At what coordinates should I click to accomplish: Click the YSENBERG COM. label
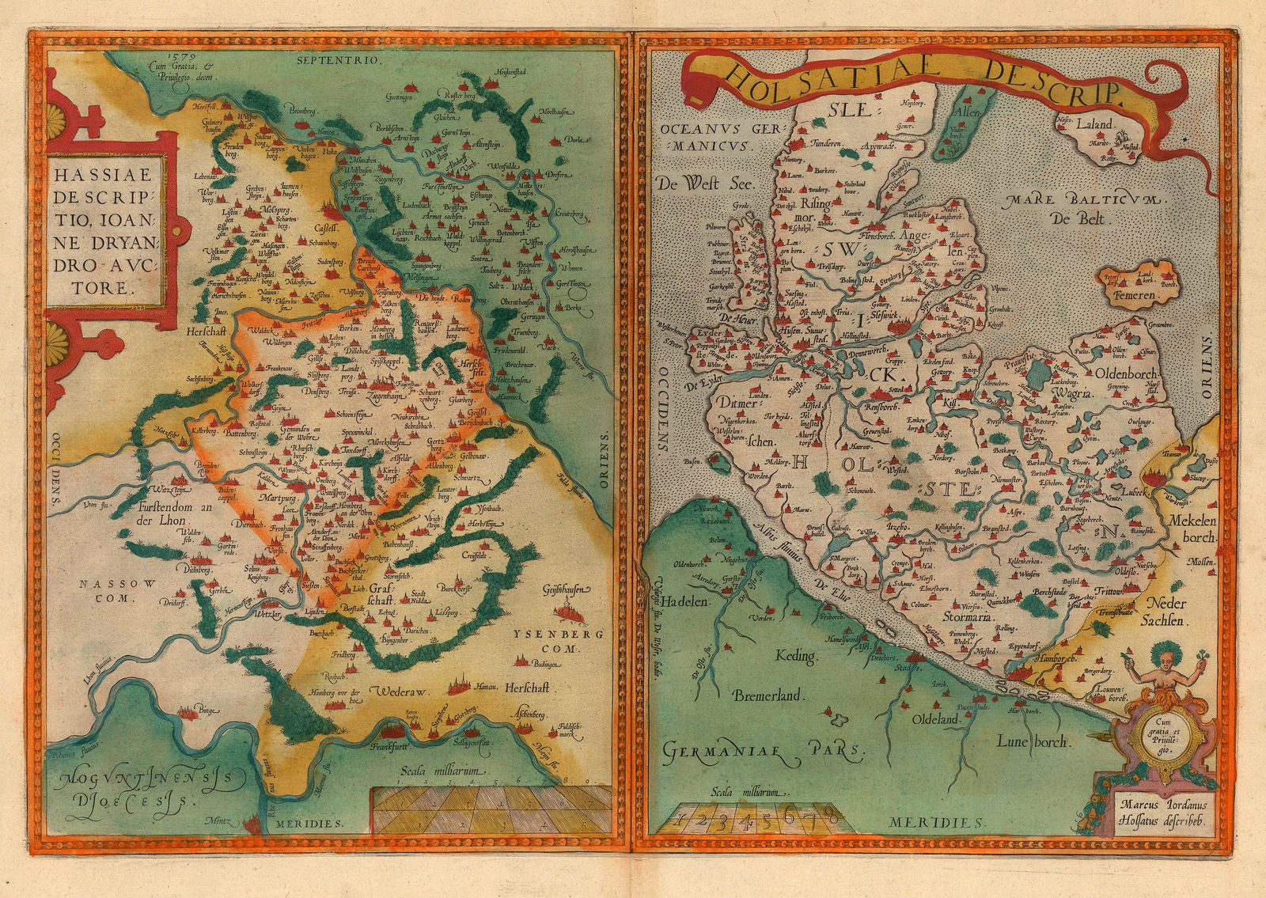pyautogui.click(x=547, y=639)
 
